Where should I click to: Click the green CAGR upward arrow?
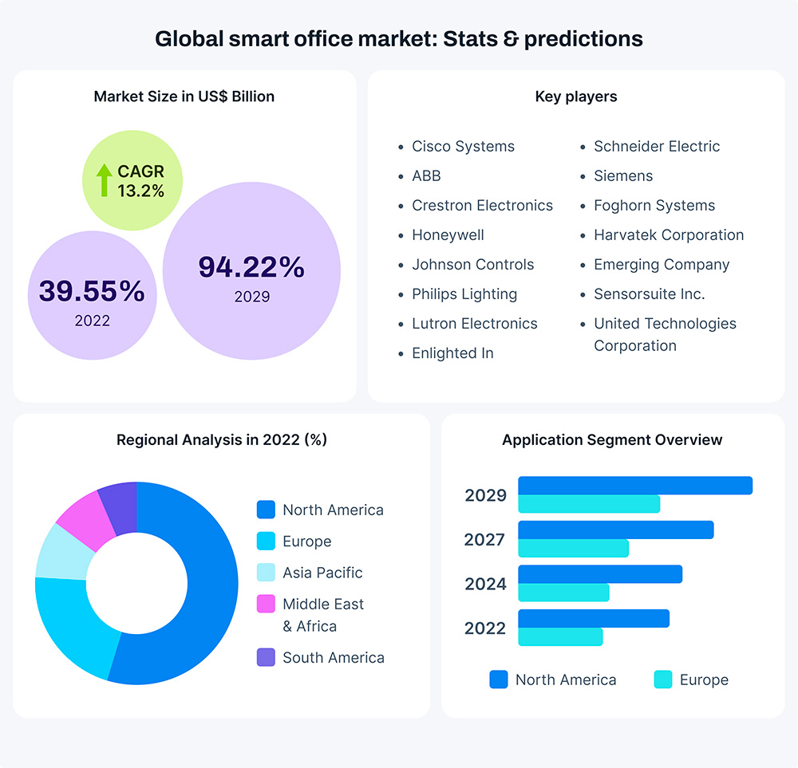(x=104, y=180)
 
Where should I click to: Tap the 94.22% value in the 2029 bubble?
(x=251, y=268)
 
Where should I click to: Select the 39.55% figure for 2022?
(x=92, y=292)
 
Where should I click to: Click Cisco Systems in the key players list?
(x=463, y=147)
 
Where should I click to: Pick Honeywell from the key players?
(x=448, y=235)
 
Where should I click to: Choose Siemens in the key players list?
(x=623, y=176)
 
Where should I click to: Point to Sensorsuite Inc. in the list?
(x=649, y=294)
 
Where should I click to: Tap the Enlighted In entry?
(x=452, y=353)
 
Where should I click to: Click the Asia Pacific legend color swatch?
(x=266, y=573)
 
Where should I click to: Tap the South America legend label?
(x=333, y=658)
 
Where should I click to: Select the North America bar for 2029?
(x=635, y=486)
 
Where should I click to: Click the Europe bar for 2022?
(x=560, y=636)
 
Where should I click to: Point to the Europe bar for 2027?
(x=573, y=549)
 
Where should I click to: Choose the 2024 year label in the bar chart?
(x=485, y=585)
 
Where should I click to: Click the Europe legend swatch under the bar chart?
(x=662, y=680)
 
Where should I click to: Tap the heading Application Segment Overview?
(x=612, y=440)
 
